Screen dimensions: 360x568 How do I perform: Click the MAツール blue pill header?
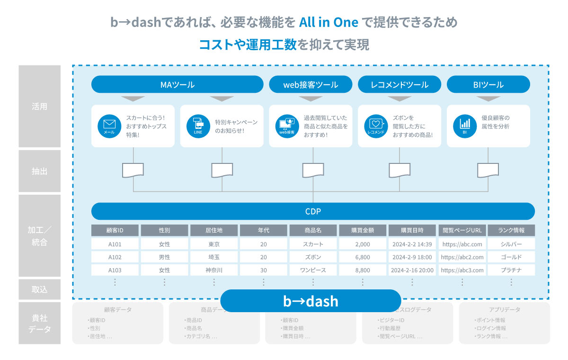point(177,85)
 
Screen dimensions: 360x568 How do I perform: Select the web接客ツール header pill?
point(311,85)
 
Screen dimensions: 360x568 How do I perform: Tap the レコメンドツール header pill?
point(399,85)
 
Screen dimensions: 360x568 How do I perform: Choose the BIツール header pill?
point(488,85)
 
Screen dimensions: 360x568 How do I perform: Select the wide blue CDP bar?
point(313,211)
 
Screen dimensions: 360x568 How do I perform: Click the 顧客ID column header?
point(115,231)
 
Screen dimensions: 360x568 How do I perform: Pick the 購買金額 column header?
point(363,231)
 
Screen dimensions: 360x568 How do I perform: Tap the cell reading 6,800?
point(363,257)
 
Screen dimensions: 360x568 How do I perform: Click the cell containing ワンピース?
point(313,270)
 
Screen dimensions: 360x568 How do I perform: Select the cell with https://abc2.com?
point(462,257)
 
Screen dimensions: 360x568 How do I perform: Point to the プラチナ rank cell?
point(511,270)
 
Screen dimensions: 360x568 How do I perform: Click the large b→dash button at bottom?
point(311,301)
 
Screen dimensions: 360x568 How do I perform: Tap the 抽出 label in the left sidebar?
point(40,171)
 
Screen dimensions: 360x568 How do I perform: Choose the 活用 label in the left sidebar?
point(40,107)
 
